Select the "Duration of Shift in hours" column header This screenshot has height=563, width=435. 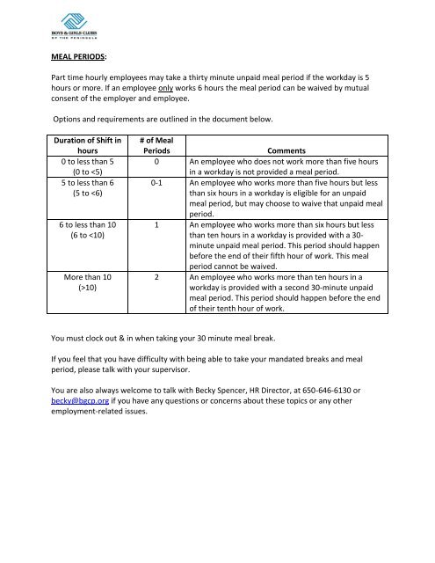pyautogui.click(x=85, y=144)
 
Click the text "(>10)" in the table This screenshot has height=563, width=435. pyautogui.click(x=85, y=288)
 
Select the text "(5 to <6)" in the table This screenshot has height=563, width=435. pyautogui.click(x=85, y=194)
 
